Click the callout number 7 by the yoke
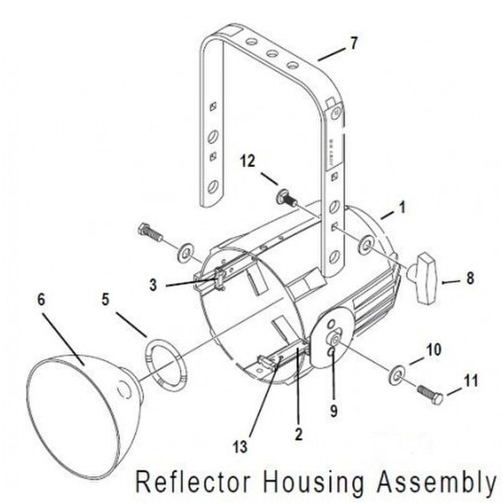[353, 43]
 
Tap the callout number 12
[247, 160]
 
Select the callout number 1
[402, 207]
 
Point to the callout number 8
[470, 278]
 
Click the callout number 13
[241, 446]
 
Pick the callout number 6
[41, 299]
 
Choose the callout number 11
[471, 381]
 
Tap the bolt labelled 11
[430, 394]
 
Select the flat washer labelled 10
[397, 375]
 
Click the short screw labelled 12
[286, 198]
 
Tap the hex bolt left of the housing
[150, 232]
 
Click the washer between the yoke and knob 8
[366, 245]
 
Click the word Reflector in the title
[193, 482]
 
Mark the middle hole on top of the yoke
[272, 54]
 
